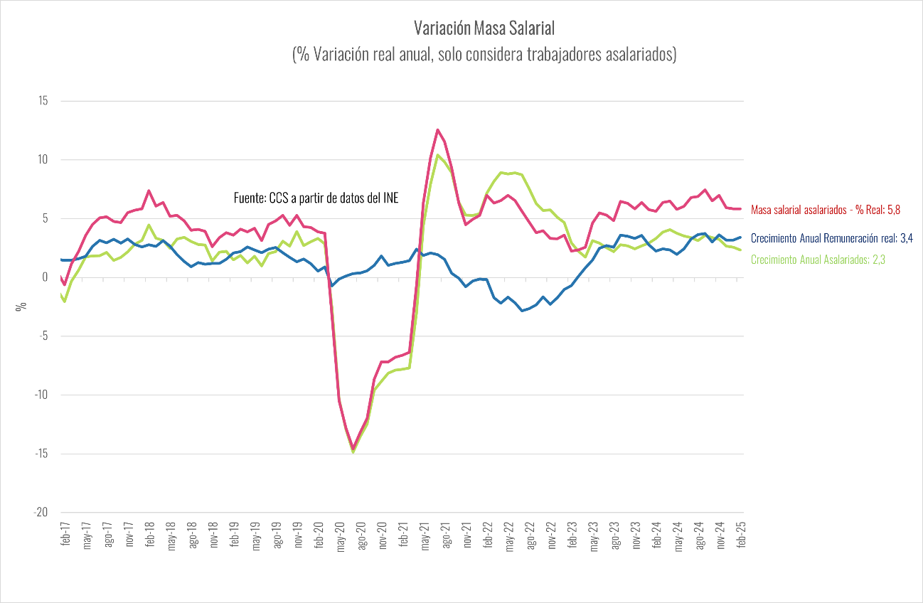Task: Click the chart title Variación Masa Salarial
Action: (x=484, y=28)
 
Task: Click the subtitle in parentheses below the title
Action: (x=484, y=55)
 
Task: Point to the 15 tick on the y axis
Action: (x=43, y=101)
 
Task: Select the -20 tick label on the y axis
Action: (x=41, y=513)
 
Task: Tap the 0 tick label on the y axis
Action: (x=45, y=277)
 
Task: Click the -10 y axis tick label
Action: (x=41, y=395)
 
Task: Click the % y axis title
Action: (x=22, y=306)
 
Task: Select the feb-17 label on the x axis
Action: (x=65, y=532)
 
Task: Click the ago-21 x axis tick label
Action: (x=446, y=533)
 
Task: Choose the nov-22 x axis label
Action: (x=550, y=533)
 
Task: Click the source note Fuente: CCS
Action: (x=316, y=198)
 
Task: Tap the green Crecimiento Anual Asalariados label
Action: (x=818, y=260)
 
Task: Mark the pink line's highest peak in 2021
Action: (x=438, y=129)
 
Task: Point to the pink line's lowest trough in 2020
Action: (x=353, y=449)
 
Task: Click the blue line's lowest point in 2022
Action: (x=522, y=311)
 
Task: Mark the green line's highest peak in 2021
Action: (x=438, y=155)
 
